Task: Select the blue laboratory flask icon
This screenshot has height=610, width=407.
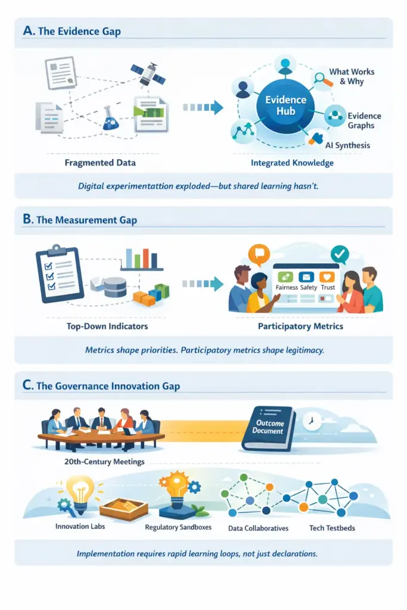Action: coord(110,118)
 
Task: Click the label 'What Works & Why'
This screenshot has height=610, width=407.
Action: coord(352,76)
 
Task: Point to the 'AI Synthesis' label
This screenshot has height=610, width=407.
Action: coord(347,145)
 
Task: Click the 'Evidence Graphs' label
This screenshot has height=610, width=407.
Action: coord(364,120)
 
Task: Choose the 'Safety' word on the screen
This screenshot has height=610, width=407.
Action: coord(308,288)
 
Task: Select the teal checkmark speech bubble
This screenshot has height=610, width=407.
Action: coord(340,254)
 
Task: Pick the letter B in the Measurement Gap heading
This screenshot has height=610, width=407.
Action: coord(27,219)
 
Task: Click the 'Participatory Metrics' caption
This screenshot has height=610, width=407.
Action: coord(300,326)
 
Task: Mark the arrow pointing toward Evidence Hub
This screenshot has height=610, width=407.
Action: coord(203,107)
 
